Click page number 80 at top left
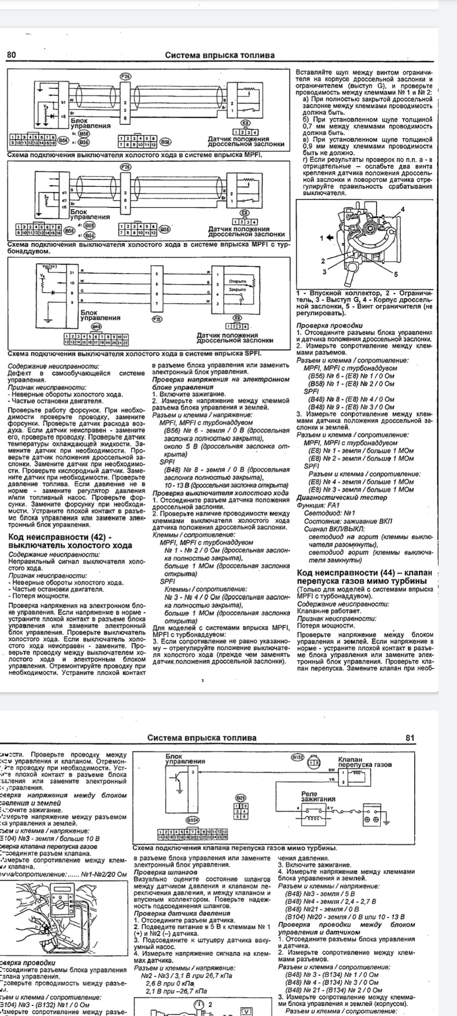click(12, 55)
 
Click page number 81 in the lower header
click(410, 738)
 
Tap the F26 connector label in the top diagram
click(125, 77)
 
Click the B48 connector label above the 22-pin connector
click(96, 327)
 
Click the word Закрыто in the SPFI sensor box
click(237, 290)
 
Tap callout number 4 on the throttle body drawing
click(403, 210)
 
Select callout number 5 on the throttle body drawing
click(395, 274)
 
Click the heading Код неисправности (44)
click(364, 573)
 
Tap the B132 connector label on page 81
click(298, 757)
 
